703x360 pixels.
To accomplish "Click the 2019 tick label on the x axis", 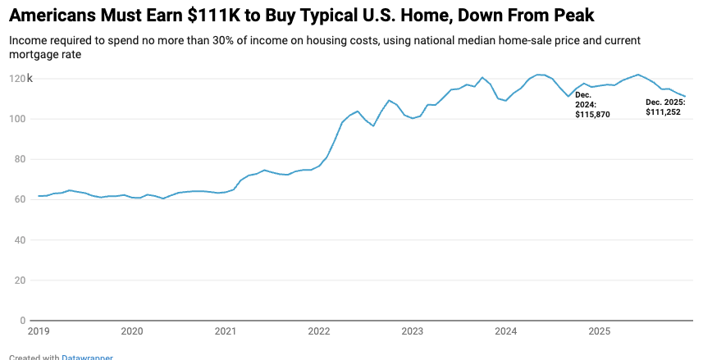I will coord(39,331).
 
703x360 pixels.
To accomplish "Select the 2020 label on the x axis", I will coord(132,331).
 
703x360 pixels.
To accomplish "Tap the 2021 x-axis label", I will coord(226,331).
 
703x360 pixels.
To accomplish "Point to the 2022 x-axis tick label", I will coord(319,331).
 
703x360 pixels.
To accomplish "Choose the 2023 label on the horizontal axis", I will coord(413,331).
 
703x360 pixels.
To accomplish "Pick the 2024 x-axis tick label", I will coord(506,331).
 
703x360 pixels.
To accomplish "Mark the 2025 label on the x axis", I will coord(600,331).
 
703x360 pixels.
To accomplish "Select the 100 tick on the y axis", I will coord(19,119).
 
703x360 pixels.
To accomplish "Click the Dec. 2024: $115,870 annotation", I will coord(591,104).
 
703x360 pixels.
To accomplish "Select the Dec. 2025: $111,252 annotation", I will coord(665,107).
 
